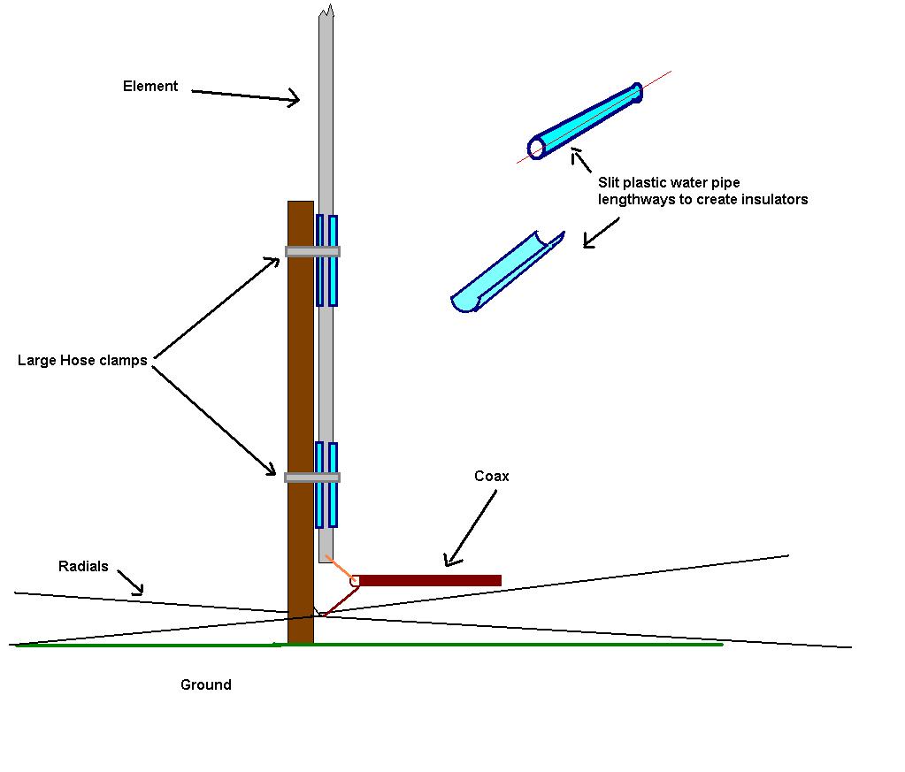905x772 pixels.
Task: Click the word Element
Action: click(x=150, y=87)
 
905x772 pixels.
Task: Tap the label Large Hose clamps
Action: click(x=82, y=361)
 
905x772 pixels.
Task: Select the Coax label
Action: click(x=492, y=477)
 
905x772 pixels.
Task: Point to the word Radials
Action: click(x=83, y=567)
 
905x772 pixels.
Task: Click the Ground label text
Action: click(x=206, y=685)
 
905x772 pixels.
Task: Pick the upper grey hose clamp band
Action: click(x=312, y=252)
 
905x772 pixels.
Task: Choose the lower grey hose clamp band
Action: click(x=312, y=478)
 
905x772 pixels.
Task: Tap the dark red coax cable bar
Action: click(x=430, y=581)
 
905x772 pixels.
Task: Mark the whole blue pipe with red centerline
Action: click(x=587, y=121)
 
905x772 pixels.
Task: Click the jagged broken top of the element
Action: click(x=326, y=12)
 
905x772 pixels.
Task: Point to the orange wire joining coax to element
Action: click(x=339, y=568)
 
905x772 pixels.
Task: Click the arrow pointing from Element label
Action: click(x=246, y=95)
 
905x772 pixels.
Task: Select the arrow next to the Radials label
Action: click(x=130, y=581)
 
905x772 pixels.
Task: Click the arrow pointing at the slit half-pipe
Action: click(x=602, y=232)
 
